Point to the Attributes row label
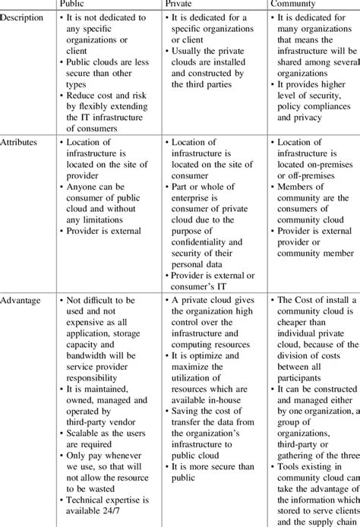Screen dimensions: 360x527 (21, 142)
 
